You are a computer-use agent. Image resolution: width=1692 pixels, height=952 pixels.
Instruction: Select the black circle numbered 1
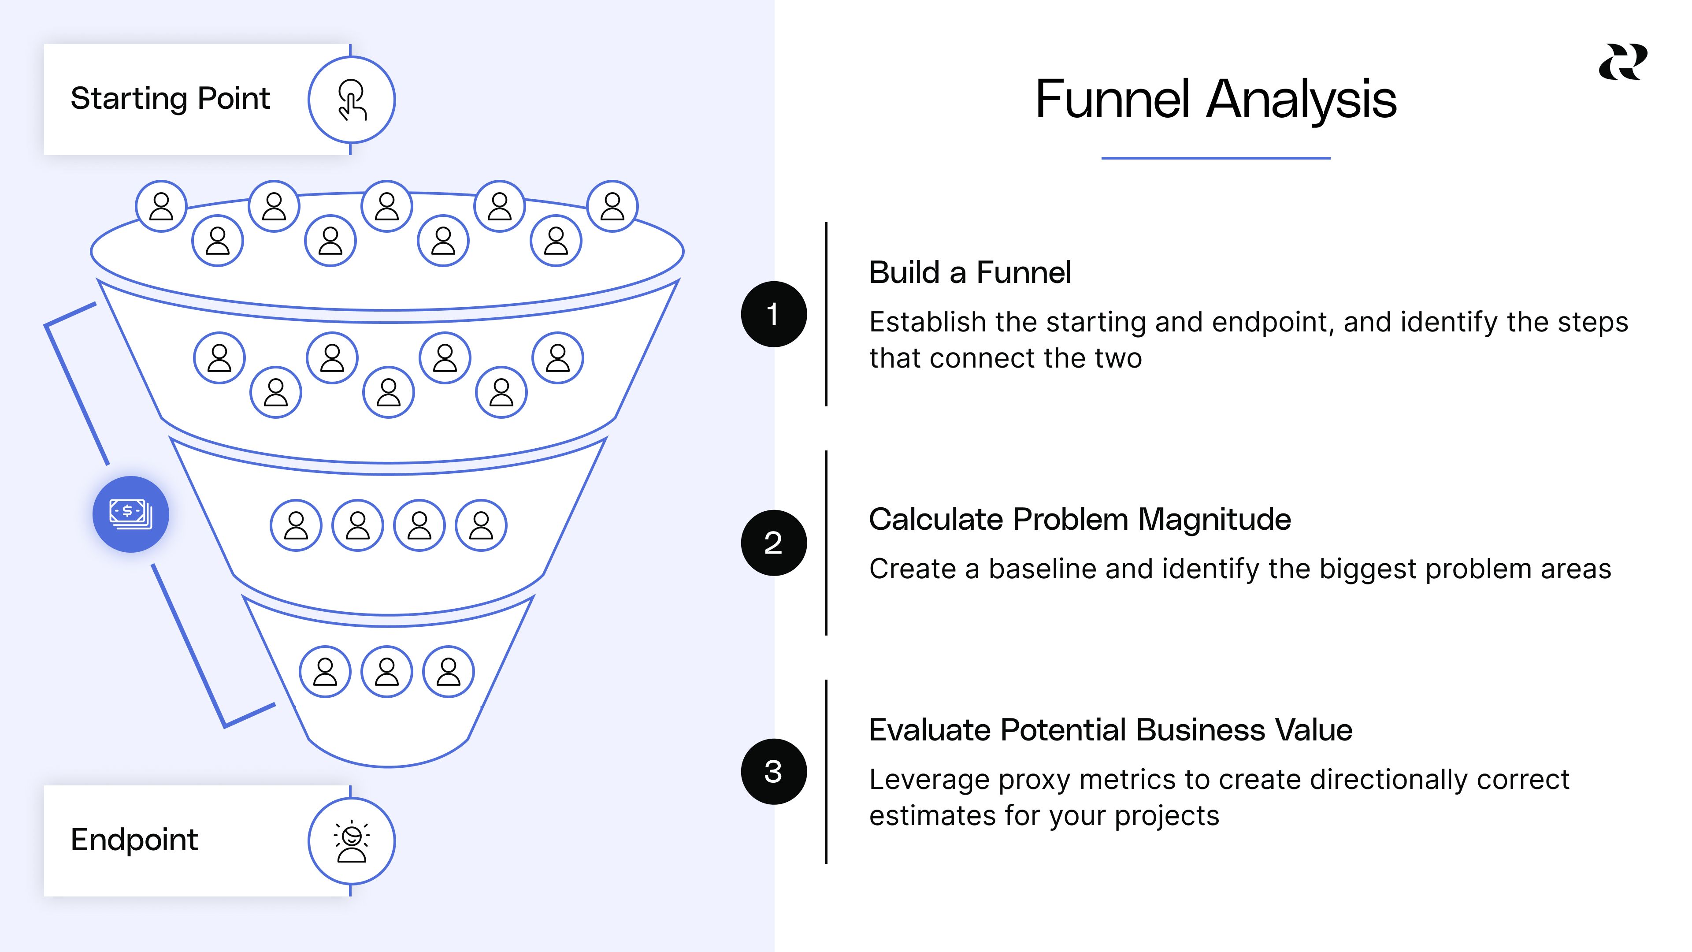[774, 314]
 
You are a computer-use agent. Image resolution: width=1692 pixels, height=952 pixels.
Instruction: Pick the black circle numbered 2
[774, 543]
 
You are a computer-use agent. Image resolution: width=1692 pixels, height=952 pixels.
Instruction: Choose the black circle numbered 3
[774, 771]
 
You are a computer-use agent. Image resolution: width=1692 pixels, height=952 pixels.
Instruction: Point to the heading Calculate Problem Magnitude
[1079, 519]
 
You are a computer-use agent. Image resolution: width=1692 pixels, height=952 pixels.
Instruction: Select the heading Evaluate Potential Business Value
[1110, 730]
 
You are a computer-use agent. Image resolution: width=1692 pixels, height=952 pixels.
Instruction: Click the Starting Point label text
[170, 99]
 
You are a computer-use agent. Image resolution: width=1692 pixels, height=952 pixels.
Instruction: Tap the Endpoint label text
[134, 840]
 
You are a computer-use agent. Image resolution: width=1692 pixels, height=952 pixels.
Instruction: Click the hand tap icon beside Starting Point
[352, 100]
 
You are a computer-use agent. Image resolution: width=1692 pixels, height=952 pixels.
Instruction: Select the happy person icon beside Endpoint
[352, 841]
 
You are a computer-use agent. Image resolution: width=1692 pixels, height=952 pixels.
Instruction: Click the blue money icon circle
[131, 514]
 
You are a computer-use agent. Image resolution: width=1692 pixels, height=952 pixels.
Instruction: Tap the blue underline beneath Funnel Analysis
[1215, 158]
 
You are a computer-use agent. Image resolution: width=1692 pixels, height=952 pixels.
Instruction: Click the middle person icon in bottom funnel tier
[387, 671]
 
